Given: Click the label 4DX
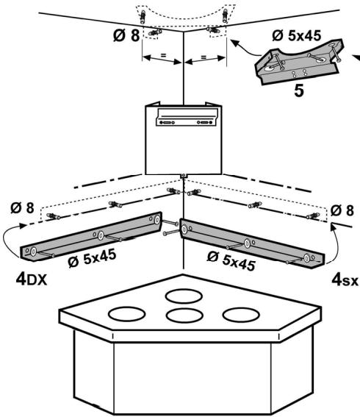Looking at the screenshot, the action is tap(32, 279).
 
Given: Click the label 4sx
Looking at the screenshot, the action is tap(345, 280).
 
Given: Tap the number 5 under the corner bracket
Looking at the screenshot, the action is tap(299, 91).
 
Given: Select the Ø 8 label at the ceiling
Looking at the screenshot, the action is tap(126, 35).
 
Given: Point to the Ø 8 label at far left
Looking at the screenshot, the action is tap(23, 207).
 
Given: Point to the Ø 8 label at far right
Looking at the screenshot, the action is tap(342, 210).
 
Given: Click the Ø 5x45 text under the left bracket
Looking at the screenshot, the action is tap(92, 258).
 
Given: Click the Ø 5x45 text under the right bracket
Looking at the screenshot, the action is tap(231, 261).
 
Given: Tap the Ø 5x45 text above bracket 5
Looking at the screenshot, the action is tap(297, 35).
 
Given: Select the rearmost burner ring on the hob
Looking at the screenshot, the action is tap(184, 296).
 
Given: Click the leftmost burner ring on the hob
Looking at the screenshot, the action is tap(126, 314).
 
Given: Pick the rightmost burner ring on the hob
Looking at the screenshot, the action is tap(241, 315).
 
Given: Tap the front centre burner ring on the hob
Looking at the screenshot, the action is tap(184, 316).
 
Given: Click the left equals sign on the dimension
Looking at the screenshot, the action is tap(163, 56).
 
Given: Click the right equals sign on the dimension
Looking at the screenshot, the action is tap(204, 57).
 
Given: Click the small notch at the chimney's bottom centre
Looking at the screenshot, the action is tap(184, 176).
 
